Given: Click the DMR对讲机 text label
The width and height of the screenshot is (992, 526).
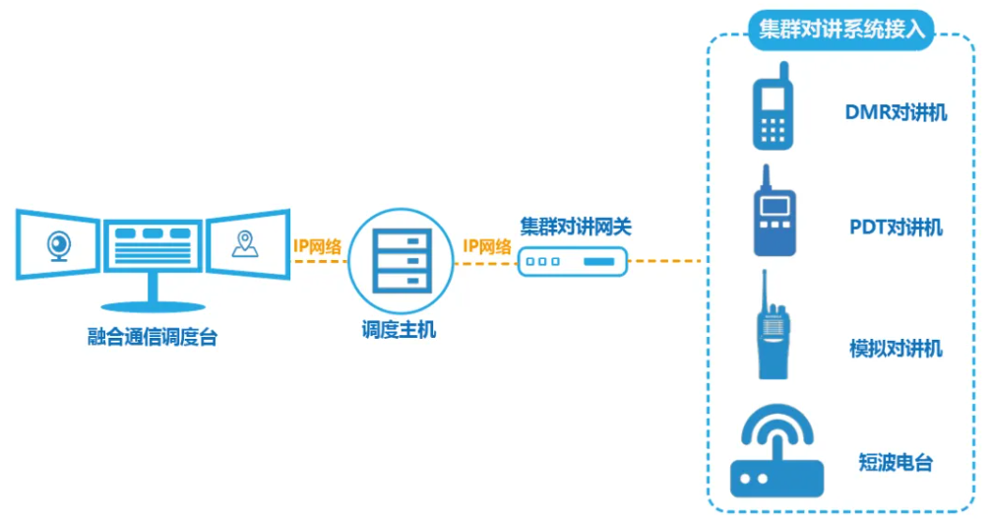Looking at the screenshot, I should (896, 112).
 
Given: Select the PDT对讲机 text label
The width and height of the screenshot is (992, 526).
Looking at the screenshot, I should (896, 229).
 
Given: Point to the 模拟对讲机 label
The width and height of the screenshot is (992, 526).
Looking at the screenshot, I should (896, 349).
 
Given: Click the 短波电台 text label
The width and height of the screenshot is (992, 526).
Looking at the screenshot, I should (896, 463).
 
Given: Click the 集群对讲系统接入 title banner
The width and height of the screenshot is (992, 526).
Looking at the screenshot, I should (840, 29).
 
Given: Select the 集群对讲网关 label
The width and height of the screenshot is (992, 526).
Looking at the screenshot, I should (576, 227).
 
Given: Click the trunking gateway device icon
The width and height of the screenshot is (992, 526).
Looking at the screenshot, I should (573, 261).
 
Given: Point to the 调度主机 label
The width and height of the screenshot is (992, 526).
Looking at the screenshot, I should (398, 330).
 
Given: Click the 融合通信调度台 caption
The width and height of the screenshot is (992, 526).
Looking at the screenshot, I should (153, 338).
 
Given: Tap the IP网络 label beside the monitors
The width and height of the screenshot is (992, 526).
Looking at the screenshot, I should (317, 246).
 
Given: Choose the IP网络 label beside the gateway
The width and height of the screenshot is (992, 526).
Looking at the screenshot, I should (487, 246).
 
